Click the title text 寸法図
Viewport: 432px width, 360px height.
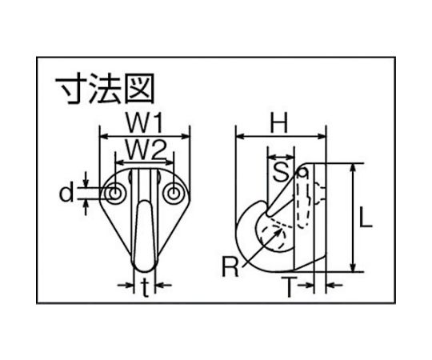tap(105, 88)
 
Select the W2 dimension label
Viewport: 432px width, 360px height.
tap(146, 150)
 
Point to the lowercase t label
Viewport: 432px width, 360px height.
tap(145, 287)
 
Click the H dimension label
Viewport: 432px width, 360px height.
tap(278, 122)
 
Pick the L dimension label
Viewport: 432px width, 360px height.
tap(366, 218)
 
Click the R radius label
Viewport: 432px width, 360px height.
tap(230, 266)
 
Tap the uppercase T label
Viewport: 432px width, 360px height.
tap(289, 287)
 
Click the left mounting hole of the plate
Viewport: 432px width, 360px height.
tap(115, 193)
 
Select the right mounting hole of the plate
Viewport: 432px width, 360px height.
tap(174, 193)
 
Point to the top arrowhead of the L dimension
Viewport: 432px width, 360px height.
tap(353, 168)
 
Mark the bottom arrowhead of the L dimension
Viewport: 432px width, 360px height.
tap(353, 266)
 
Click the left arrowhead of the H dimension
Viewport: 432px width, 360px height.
tap(241, 136)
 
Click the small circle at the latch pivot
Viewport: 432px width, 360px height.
tap(302, 173)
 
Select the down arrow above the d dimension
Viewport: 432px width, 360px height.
tap(86, 180)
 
